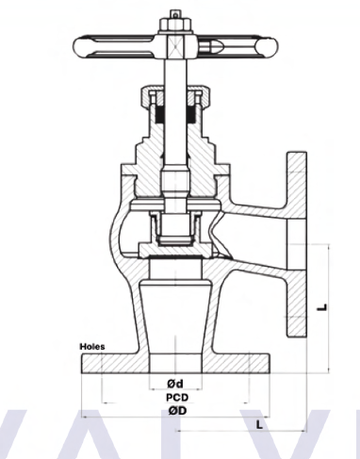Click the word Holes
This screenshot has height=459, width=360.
tap(92, 347)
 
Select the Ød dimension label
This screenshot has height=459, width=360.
tap(175, 384)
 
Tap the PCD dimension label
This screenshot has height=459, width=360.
tap(177, 398)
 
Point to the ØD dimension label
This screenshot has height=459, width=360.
tap(177, 410)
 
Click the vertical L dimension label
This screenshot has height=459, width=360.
tap(322, 307)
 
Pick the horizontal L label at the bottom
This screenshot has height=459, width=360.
tap(259, 425)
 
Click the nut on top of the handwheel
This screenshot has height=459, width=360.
tap(175, 25)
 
